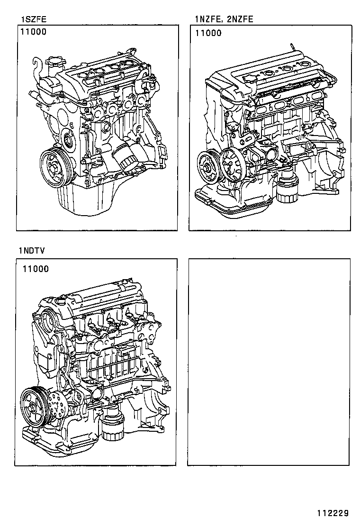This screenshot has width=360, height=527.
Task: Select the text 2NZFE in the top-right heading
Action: (x=241, y=19)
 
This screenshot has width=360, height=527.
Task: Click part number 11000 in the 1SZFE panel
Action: (x=34, y=33)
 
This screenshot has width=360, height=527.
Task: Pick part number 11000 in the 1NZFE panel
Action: (x=208, y=33)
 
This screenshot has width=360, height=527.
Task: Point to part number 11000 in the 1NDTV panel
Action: (x=35, y=269)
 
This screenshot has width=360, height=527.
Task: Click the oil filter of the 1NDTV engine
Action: (x=112, y=427)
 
